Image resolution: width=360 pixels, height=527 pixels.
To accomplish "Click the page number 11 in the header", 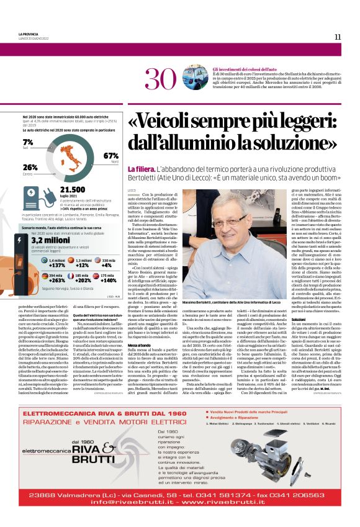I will [x=338, y=37].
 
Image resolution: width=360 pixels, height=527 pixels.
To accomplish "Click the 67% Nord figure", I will [x=111, y=156].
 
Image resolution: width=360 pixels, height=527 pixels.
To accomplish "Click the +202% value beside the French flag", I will [x=81, y=280].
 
